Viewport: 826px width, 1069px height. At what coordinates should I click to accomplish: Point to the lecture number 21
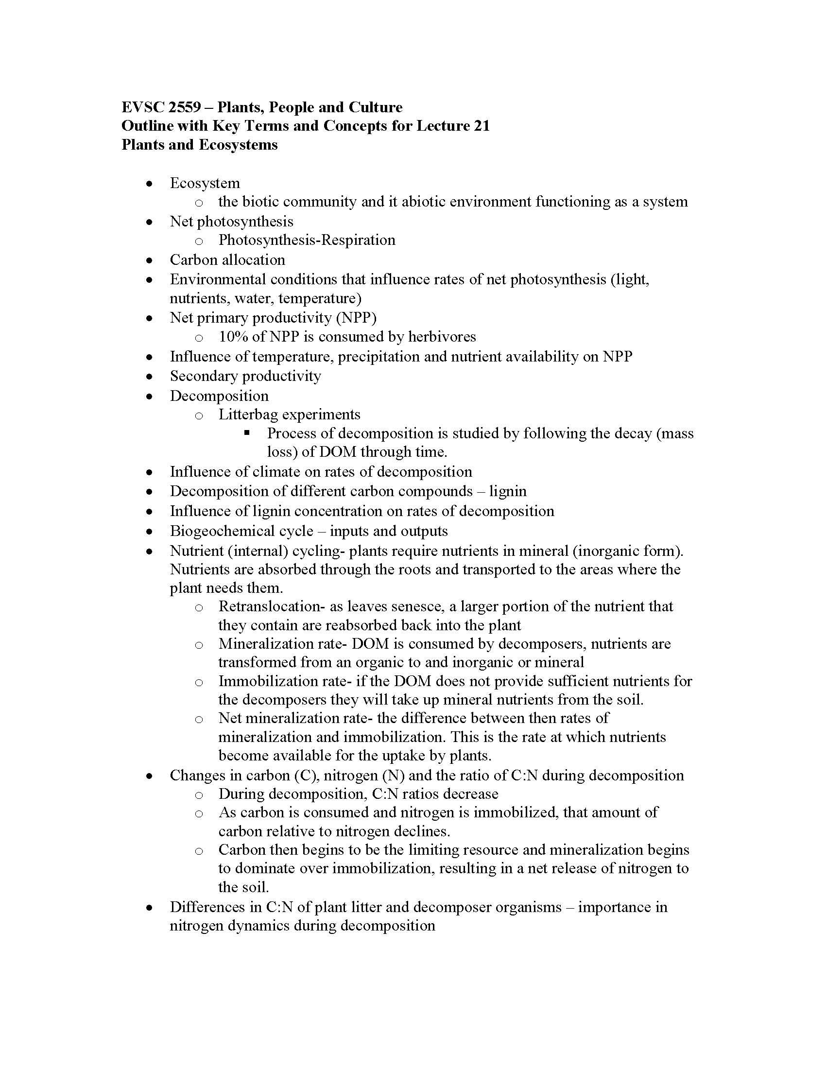[482, 126]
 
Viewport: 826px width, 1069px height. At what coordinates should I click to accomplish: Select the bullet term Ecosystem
[205, 183]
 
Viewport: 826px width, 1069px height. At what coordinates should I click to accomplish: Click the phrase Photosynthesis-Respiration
[307, 240]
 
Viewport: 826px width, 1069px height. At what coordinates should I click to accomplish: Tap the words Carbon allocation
[227, 260]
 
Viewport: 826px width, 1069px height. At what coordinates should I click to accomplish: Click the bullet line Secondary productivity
[245, 376]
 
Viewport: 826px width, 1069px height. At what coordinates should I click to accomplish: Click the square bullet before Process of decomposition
[247, 432]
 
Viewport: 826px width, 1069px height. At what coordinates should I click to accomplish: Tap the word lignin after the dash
[508, 491]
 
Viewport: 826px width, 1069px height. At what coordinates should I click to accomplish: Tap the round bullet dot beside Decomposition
[150, 396]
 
